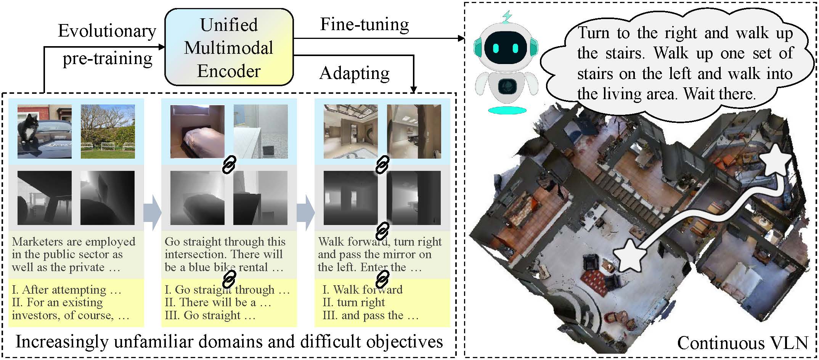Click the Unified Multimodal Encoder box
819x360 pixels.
229,47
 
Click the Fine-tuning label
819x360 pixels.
365,24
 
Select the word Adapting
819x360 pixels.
355,73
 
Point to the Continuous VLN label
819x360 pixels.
742,343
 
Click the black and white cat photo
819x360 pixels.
44,131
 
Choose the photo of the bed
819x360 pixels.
197,131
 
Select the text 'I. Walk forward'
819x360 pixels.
362,290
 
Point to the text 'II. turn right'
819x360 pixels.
353,303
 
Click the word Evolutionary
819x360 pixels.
107,31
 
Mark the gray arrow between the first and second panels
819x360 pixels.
152,212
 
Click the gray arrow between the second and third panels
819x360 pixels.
305,212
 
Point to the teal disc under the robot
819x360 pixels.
507,111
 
